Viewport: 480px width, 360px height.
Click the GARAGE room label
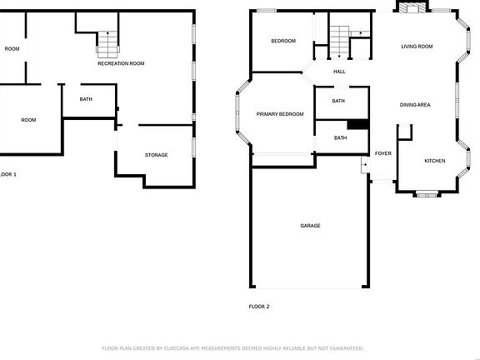(310, 226)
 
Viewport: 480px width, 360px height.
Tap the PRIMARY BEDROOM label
(280, 113)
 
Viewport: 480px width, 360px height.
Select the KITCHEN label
(435, 161)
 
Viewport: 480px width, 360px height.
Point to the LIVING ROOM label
(417, 47)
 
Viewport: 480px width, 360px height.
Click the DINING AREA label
(415, 105)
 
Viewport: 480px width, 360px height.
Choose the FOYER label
(383, 153)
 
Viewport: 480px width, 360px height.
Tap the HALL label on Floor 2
(339, 72)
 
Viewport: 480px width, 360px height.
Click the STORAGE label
(157, 155)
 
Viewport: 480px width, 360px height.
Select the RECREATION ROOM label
(121, 63)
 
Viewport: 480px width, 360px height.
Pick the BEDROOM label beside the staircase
(283, 41)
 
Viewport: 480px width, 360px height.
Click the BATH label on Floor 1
(86, 99)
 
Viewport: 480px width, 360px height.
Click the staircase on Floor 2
(339, 38)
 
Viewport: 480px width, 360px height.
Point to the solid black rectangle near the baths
(357, 124)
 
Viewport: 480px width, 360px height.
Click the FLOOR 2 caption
(259, 307)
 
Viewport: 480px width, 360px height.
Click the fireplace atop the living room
(410, 8)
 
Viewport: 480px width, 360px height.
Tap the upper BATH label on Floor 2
(338, 101)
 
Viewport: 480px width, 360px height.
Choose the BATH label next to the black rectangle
(340, 137)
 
